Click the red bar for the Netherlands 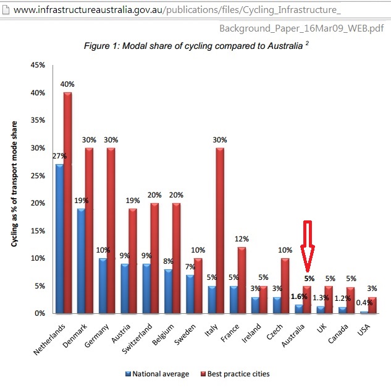point(67,202)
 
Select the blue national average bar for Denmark point(81,261)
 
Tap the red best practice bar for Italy point(220,230)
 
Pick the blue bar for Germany point(103,285)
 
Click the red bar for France point(242,280)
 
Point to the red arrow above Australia point(308,246)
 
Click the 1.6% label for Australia point(299,297)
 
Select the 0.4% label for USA point(364,303)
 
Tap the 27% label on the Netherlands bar point(59,156)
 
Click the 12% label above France point(242,239)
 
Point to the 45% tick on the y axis point(38,65)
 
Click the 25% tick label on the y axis point(38,176)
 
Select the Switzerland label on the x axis point(137,338)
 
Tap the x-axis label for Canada point(338,334)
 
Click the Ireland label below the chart point(251,332)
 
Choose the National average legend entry point(158,374)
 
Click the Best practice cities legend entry point(235,374)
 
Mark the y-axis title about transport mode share point(14,184)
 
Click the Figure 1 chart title point(196,46)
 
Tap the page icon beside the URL point(6,10)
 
